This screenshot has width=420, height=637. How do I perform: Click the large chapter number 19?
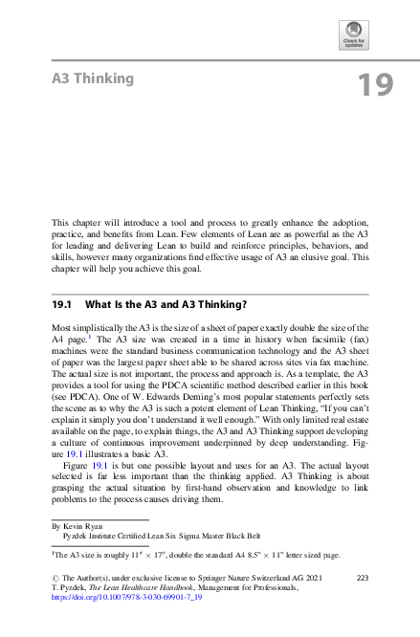tap(374, 85)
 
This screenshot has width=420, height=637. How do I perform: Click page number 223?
tap(363, 577)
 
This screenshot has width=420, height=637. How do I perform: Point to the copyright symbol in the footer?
tap(55, 578)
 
